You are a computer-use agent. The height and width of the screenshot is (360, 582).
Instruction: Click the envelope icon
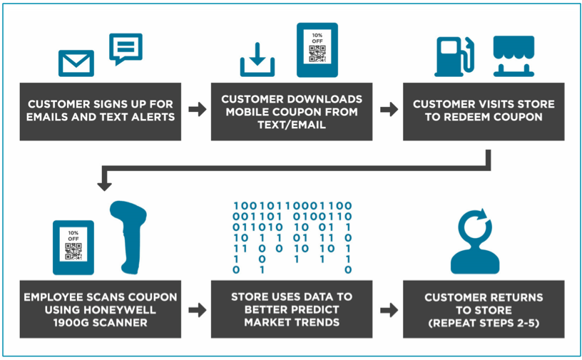pos(76,63)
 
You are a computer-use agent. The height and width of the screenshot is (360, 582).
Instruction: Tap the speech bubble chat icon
pos(126,48)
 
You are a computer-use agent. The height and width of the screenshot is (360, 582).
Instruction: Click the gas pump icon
pos(454,56)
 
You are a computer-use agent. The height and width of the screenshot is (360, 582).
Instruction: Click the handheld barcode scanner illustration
pos(132,239)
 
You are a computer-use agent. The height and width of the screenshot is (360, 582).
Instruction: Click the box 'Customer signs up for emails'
pos(101,110)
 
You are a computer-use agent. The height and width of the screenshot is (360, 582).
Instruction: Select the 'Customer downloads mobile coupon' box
pos(292,110)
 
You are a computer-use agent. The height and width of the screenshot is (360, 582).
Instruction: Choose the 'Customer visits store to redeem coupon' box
pos(484,110)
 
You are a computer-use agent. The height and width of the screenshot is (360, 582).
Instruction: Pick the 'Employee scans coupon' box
pos(101,309)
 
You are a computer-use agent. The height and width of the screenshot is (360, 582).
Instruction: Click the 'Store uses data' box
pos(292,309)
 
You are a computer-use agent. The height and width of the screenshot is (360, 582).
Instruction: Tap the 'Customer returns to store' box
pos(484,309)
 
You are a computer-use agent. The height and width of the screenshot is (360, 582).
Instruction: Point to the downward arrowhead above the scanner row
pos(104,184)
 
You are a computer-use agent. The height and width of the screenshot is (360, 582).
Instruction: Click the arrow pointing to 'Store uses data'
pos(196,310)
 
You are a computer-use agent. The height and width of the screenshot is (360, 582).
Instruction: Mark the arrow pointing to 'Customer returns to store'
pos(388,310)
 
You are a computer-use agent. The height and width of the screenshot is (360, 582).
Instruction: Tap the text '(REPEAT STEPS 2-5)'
pos(484,322)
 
